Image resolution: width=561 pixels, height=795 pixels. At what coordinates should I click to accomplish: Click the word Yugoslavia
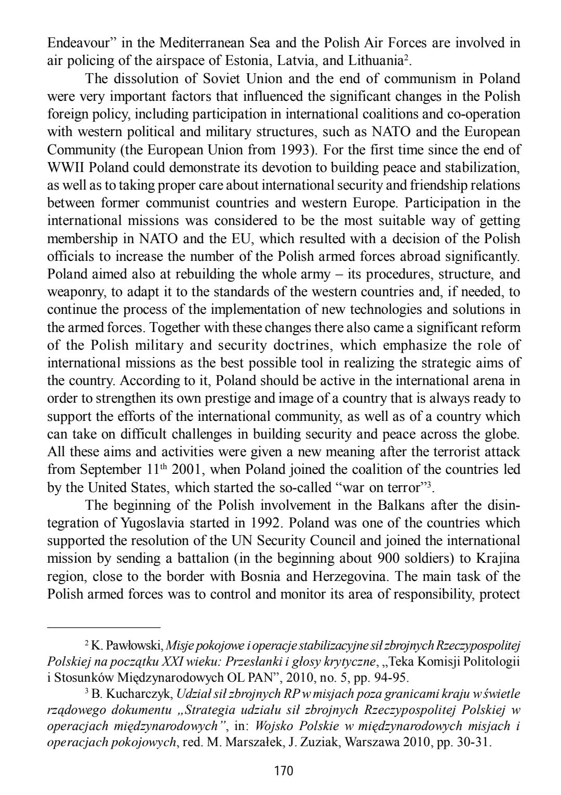pos(132,523)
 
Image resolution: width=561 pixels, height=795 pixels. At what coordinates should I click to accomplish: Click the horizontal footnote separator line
pos(104,627)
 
